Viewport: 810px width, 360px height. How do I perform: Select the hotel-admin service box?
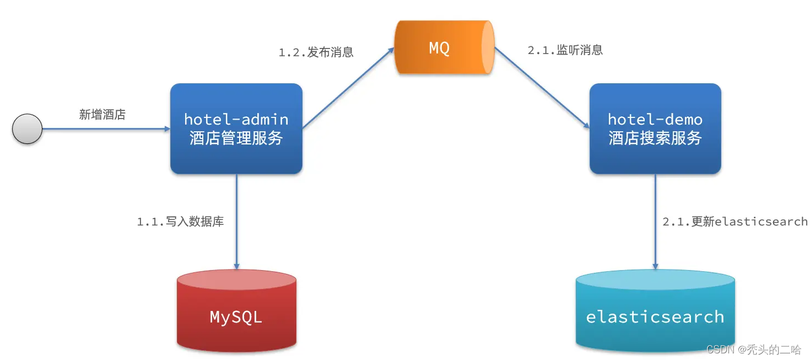236,128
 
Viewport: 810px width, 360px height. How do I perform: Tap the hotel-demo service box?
655,128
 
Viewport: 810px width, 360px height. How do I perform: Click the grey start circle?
27,129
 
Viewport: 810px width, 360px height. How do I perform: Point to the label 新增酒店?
102,115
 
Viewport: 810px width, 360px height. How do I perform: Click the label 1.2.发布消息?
316,52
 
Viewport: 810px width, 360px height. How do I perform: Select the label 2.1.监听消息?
565,50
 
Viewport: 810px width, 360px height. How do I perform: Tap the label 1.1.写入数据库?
180,222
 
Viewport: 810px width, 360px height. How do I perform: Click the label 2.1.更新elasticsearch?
735,222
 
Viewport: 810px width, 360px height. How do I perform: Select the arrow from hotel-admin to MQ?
348,88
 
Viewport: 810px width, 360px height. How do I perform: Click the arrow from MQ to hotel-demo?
541,88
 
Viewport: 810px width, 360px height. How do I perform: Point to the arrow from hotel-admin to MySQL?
236,221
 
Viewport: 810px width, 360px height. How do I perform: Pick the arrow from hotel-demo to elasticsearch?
655,221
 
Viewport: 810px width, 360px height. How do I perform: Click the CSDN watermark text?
753,349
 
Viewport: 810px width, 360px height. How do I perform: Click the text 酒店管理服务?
236,138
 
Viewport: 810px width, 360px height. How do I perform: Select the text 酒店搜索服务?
655,138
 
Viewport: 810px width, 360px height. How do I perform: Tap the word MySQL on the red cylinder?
236,317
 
